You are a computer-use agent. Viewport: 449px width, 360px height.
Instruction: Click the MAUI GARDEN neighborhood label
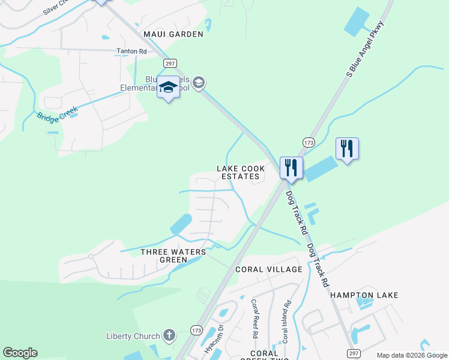pyautogui.click(x=173, y=34)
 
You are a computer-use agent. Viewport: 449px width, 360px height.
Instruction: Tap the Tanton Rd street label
pyautogui.click(x=131, y=52)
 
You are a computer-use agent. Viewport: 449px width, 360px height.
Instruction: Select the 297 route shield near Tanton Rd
pyautogui.click(x=169, y=63)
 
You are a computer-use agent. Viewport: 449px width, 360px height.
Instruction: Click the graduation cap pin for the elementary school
pyautogui.click(x=169, y=89)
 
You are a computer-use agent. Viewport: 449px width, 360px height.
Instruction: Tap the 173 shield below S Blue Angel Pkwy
pyautogui.click(x=309, y=143)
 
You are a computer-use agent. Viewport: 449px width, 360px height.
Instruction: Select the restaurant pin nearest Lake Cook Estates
pyautogui.click(x=291, y=168)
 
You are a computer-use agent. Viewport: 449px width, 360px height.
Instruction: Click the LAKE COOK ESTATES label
pyautogui.click(x=240, y=172)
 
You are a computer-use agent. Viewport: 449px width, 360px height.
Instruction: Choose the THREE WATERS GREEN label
pyautogui.click(x=173, y=256)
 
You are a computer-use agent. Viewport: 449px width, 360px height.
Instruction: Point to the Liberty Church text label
pyautogui.click(x=133, y=337)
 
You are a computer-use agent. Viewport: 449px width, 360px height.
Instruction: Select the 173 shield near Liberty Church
pyautogui.click(x=196, y=330)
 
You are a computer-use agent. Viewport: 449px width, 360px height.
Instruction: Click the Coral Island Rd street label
pyautogui.click(x=286, y=321)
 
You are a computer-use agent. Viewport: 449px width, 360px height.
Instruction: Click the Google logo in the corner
pyautogui.click(x=20, y=353)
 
